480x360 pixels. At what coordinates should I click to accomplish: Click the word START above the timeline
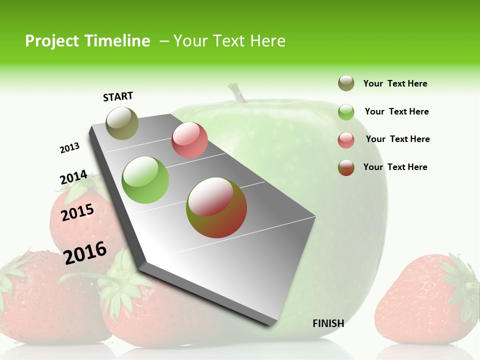coord(118,96)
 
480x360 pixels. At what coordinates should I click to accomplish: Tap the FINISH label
coord(328,323)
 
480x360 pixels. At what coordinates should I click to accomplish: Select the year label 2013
coord(69,147)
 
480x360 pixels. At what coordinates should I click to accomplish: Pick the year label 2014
coord(73,177)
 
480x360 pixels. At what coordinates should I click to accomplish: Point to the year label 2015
coord(77,212)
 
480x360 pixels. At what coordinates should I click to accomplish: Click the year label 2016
coord(85,252)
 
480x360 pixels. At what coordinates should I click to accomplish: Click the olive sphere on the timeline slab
coord(122,123)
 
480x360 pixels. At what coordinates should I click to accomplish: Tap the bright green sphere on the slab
coord(145,179)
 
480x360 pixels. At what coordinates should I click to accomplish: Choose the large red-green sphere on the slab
coord(216,207)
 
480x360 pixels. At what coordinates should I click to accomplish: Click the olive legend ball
coord(346,83)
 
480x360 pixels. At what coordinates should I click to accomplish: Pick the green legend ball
coord(346,112)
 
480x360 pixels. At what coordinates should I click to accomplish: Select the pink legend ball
coord(346,140)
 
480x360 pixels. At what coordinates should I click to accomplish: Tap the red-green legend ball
coord(346,167)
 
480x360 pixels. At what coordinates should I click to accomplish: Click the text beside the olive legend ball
coord(395,84)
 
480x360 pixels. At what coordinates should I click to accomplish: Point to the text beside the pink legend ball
coord(397,139)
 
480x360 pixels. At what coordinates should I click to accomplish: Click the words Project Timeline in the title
coord(87,41)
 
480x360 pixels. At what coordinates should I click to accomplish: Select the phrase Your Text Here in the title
coord(229,41)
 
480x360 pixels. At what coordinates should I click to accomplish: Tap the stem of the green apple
coord(236,93)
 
